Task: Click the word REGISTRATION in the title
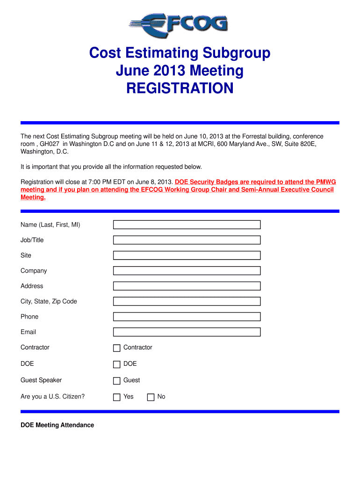[x=180, y=88]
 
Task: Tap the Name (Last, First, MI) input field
[x=187, y=225]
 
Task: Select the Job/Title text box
[x=187, y=240]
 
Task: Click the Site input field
[x=187, y=255]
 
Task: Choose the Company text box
[x=187, y=271]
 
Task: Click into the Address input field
[x=187, y=286]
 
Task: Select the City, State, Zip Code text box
[x=187, y=301]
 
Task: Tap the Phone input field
[x=187, y=317]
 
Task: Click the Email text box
[x=187, y=332]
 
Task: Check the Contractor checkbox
[x=117, y=348]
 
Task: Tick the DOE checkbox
[x=117, y=364]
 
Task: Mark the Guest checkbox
[x=117, y=381]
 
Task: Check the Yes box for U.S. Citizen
[x=117, y=397]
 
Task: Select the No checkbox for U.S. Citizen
[x=151, y=397]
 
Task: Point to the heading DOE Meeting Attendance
[x=57, y=425]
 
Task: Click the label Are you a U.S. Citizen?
[x=52, y=397]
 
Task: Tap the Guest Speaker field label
[x=41, y=380]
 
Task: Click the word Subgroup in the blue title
[x=236, y=53]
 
